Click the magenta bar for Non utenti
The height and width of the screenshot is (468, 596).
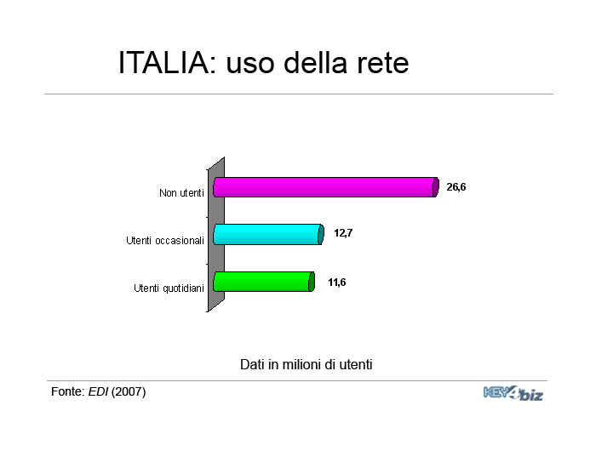coord(326,187)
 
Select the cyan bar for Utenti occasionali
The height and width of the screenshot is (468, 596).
coord(268,234)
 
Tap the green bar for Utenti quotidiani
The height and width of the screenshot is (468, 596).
coord(264,282)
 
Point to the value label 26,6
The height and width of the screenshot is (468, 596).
coord(456,187)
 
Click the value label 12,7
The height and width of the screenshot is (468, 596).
coord(343,232)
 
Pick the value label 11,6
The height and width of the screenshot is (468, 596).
coord(337,283)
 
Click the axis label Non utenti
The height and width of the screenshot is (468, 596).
coord(181,193)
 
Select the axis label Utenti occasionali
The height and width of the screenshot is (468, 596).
coord(165,241)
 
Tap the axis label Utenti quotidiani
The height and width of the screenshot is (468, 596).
coord(169,288)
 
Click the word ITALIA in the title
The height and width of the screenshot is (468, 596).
coord(163,62)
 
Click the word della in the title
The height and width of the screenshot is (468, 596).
coord(316,62)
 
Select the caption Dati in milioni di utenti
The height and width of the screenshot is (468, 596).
coord(306,364)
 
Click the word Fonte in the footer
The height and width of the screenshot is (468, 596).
coord(67,391)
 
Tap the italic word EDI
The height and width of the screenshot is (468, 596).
coord(99,391)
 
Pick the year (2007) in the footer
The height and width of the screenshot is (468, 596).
coord(129,391)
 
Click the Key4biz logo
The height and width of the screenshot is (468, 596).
coord(513,393)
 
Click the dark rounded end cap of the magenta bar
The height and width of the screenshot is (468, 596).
coord(436,187)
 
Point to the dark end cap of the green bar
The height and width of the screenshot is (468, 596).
coord(312,282)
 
